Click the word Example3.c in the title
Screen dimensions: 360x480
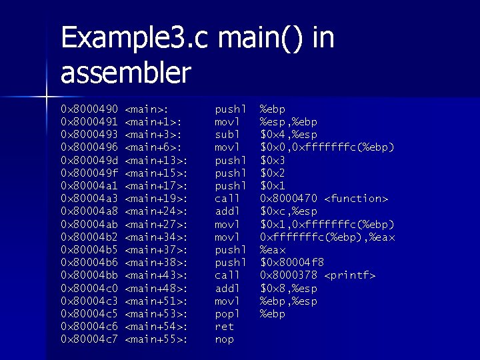(x=134, y=39)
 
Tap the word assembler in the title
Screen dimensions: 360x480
(x=126, y=73)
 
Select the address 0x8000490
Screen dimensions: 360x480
(x=89, y=109)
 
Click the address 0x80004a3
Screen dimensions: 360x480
(x=89, y=199)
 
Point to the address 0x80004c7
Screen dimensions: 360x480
(x=89, y=340)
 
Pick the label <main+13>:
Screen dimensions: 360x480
(x=156, y=160)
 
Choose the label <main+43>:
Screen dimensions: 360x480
(x=156, y=275)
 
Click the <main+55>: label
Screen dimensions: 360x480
(x=156, y=340)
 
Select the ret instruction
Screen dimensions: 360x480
(x=224, y=327)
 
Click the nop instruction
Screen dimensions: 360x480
(x=224, y=340)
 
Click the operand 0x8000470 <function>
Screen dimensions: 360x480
(x=324, y=199)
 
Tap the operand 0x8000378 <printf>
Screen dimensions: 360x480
(x=317, y=275)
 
